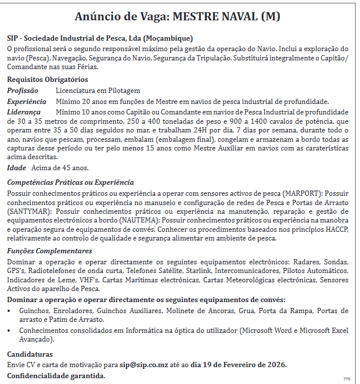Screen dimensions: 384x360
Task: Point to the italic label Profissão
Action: click(x=23, y=91)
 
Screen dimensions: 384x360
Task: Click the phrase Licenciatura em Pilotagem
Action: click(x=98, y=91)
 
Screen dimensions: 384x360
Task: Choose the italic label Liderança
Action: click(x=24, y=112)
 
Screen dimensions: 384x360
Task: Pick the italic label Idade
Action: click(x=16, y=168)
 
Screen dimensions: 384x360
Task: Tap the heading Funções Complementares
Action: click(x=49, y=251)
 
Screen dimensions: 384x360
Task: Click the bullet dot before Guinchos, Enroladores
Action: click(x=10, y=311)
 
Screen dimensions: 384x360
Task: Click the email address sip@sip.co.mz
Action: click(x=145, y=365)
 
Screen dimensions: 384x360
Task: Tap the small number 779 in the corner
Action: click(x=346, y=379)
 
